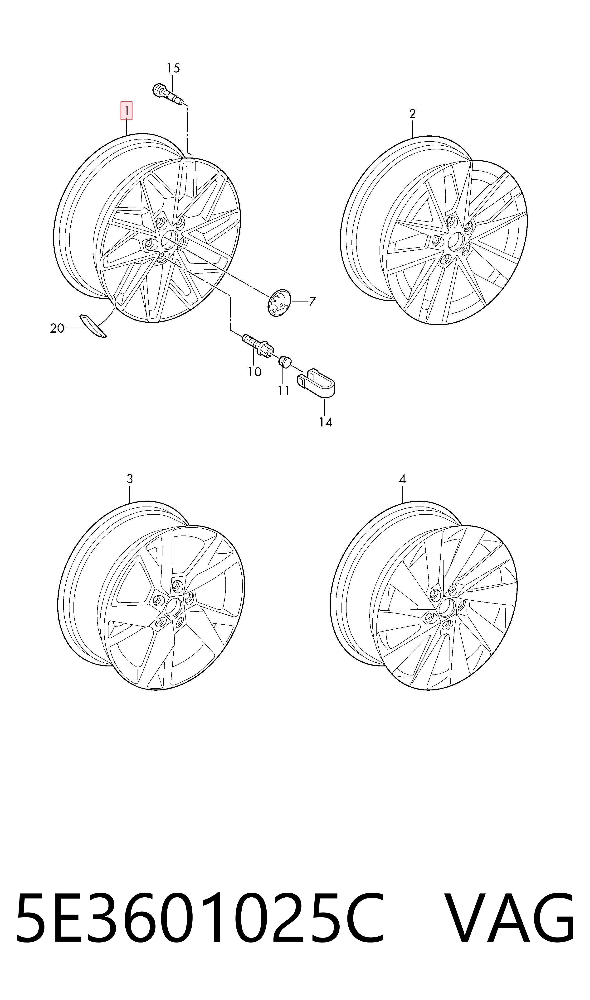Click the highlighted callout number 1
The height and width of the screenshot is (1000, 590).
pyautogui.click(x=127, y=111)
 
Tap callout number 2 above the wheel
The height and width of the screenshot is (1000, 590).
pyautogui.click(x=412, y=114)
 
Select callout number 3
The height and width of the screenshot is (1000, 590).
pyautogui.click(x=130, y=479)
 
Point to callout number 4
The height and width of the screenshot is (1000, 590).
pyautogui.click(x=402, y=479)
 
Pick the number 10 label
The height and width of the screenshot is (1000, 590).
pyautogui.click(x=255, y=372)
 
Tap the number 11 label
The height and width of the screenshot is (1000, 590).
pyautogui.click(x=283, y=391)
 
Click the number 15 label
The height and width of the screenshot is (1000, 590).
pyautogui.click(x=173, y=68)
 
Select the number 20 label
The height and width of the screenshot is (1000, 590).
pyautogui.click(x=57, y=328)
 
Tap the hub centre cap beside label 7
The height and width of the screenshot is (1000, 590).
pyautogui.click(x=279, y=303)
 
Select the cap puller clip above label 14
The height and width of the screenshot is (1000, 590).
pyautogui.click(x=316, y=383)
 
